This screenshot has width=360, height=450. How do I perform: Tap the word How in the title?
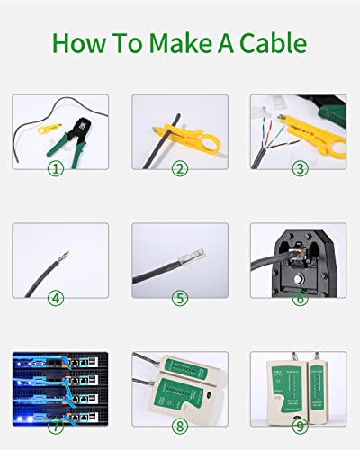point(79,42)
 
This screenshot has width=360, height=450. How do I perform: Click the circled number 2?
point(179,167)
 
